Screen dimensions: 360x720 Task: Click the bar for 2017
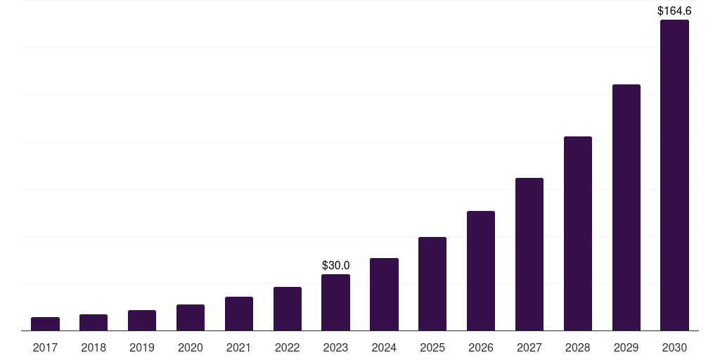click(45, 323)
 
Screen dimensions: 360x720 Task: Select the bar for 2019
click(142, 320)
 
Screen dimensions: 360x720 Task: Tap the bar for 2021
click(239, 314)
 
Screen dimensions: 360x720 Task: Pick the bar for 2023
click(335, 302)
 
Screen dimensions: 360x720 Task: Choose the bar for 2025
click(432, 283)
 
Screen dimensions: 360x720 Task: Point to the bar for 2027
click(529, 254)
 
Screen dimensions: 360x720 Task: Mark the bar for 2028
click(578, 233)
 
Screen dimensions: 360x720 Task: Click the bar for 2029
click(626, 207)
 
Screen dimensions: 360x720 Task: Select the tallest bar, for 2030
click(674, 175)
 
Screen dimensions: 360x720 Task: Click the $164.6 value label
click(674, 11)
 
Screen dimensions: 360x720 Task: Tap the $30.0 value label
click(335, 265)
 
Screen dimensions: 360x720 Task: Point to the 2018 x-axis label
click(94, 347)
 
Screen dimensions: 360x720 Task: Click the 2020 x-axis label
click(191, 347)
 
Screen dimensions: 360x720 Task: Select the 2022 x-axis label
click(288, 347)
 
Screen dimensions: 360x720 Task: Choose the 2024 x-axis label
click(384, 347)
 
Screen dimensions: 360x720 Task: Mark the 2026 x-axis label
click(481, 347)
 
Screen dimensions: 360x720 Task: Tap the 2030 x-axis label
click(674, 347)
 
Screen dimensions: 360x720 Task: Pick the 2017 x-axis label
click(45, 347)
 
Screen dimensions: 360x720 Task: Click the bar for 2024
click(384, 294)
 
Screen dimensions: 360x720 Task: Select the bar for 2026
click(481, 271)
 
